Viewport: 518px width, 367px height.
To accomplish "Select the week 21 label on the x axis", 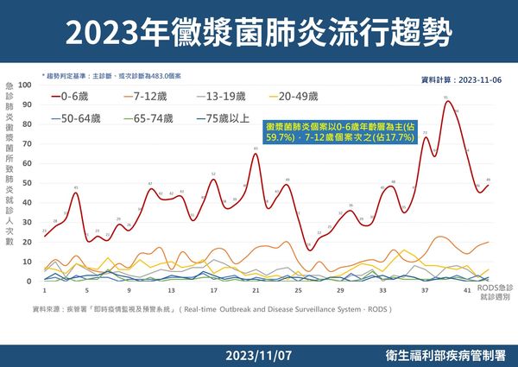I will click(256, 291).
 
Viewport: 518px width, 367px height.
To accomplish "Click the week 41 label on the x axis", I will click(467, 291).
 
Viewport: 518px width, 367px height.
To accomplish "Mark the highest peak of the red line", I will click(446, 101).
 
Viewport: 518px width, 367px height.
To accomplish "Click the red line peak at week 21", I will click(256, 153).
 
